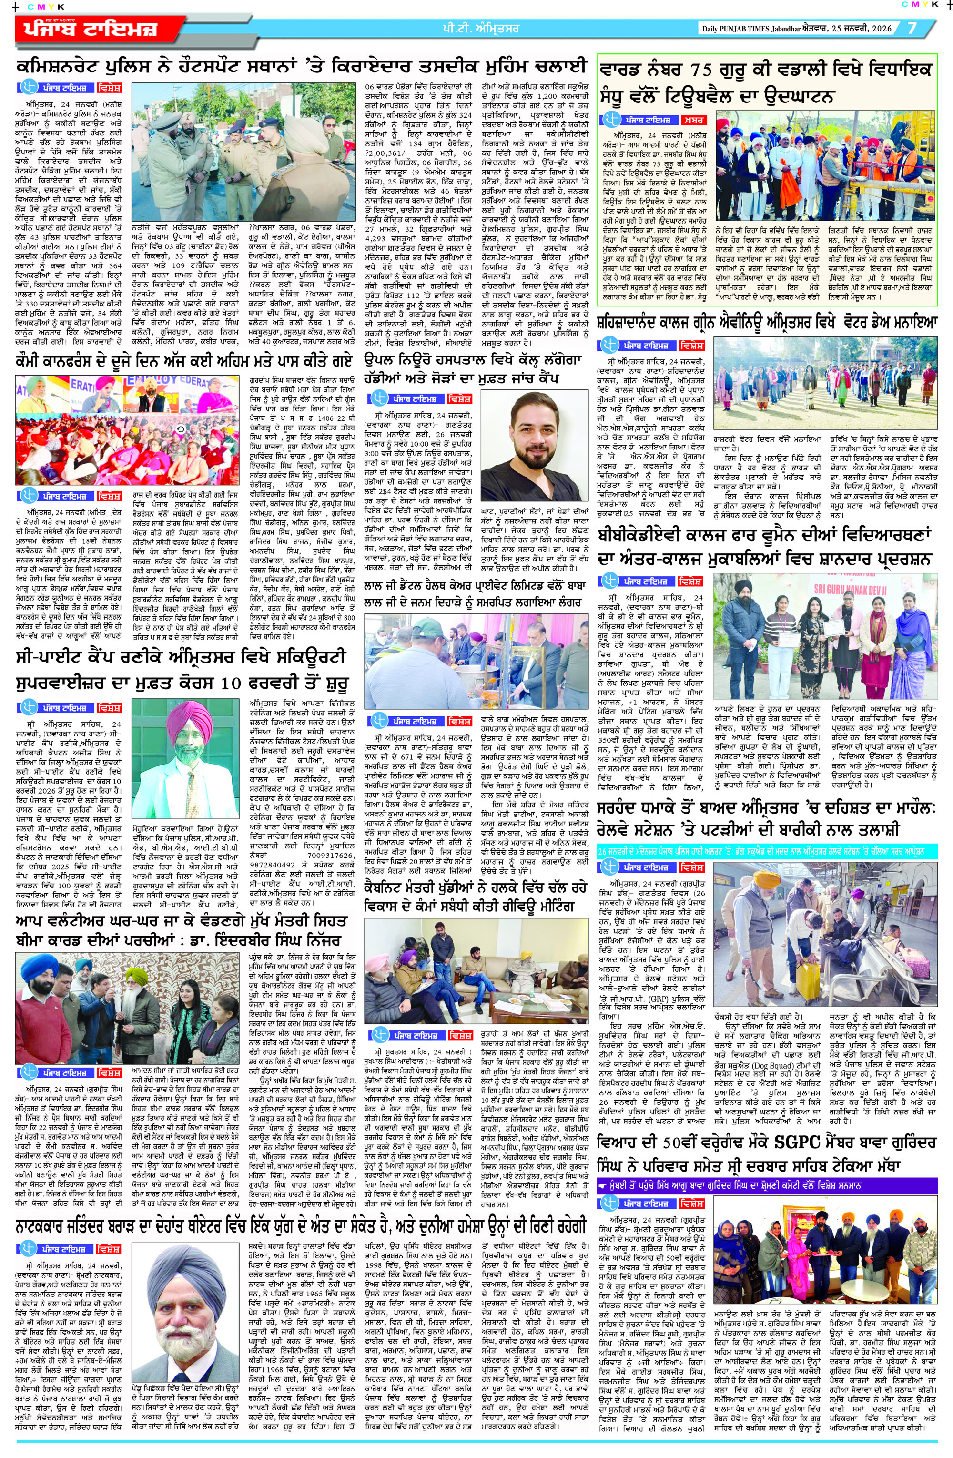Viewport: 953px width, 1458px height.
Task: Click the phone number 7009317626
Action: (x=331, y=837)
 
